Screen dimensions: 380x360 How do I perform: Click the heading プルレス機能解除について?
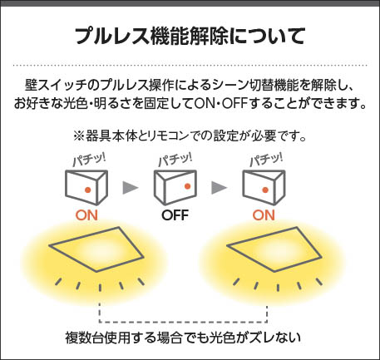coord(190,36)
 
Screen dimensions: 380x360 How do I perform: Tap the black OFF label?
coord(175,215)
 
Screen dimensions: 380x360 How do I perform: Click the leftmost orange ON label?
coord(86,215)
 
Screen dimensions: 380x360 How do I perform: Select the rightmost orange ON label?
coord(264,215)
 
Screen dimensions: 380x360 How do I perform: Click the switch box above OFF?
coord(175,187)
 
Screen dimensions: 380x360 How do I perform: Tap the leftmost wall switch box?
coord(86,187)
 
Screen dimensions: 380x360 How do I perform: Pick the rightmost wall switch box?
coord(264,187)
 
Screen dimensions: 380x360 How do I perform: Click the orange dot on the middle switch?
coord(187,186)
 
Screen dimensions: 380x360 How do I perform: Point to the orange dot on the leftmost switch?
coord(88,190)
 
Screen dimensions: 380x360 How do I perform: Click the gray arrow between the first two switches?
coord(131,188)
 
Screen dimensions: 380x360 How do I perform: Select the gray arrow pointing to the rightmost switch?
coord(219,188)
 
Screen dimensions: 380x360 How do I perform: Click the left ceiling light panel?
coord(96,249)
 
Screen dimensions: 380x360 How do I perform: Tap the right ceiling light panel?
coord(274,249)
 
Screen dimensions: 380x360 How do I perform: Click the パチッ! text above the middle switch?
coord(175,160)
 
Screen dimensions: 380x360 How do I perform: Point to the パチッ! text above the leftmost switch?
coord(89,160)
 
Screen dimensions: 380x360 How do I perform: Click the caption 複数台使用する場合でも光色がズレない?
coord(183,338)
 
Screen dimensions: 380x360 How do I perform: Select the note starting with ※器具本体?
coord(190,136)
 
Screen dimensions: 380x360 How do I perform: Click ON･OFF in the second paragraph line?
coord(220,104)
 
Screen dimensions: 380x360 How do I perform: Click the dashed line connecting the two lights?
coord(183,322)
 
